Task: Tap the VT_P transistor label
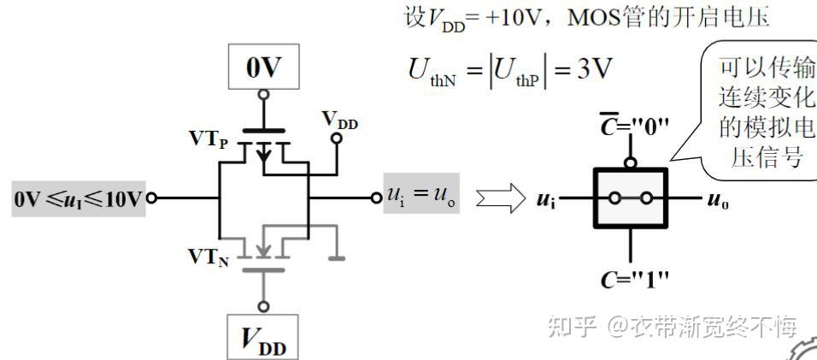pyautogui.click(x=209, y=139)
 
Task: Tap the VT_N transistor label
pyautogui.click(x=209, y=259)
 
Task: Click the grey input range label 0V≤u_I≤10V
pyautogui.click(x=76, y=199)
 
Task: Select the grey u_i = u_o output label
pyautogui.click(x=420, y=198)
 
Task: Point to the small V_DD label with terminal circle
pyautogui.click(x=339, y=122)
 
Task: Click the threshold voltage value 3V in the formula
pyautogui.click(x=595, y=69)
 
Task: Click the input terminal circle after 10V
pyautogui.click(x=152, y=199)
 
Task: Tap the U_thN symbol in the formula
pyautogui.click(x=436, y=72)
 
